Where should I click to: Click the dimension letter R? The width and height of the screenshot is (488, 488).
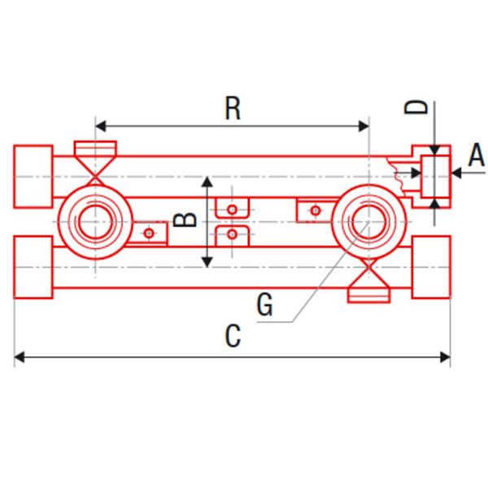point(233,109)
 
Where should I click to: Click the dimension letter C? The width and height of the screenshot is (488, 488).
point(233,336)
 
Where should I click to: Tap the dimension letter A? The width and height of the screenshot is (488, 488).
point(477,155)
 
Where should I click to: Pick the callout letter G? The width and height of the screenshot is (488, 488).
point(264,305)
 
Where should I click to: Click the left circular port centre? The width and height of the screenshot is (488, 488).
point(95,220)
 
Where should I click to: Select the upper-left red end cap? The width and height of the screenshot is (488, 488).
point(33,175)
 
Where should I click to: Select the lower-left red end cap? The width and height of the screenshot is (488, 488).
point(33,267)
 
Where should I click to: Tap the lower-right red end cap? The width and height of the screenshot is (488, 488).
point(432,267)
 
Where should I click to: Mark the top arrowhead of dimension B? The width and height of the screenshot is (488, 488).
point(208,180)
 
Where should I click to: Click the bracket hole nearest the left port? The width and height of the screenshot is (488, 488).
point(149,233)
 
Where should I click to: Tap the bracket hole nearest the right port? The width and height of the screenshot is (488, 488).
point(316,211)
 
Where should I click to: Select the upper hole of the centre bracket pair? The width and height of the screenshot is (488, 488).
point(233,210)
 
